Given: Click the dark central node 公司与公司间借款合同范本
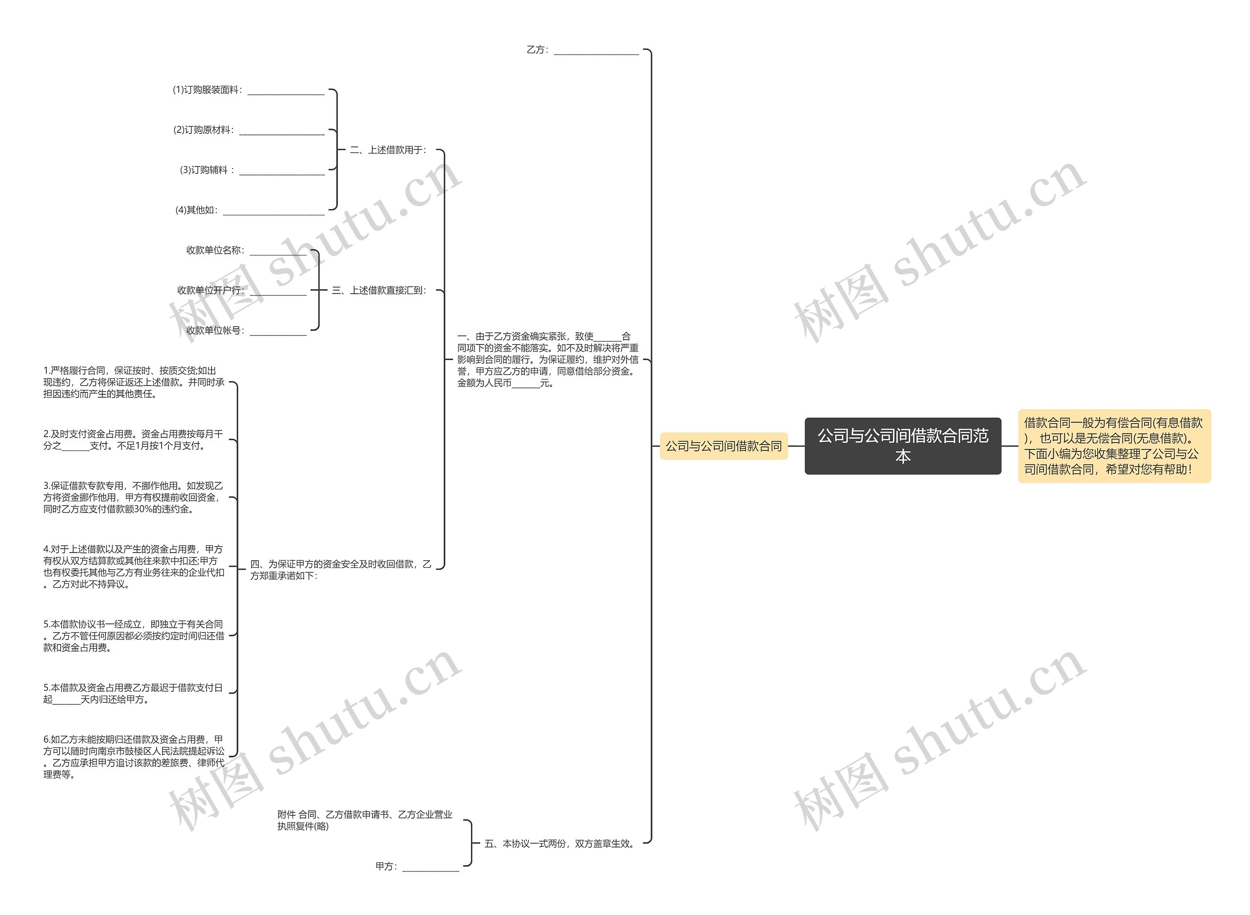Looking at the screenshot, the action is click(902, 446).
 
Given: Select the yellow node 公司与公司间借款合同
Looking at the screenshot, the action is click(723, 446).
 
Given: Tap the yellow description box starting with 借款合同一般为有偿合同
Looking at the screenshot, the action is click(1114, 446).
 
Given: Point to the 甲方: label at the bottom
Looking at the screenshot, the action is click(417, 866).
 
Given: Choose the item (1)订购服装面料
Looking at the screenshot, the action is click(248, 90).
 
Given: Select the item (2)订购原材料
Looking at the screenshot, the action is click(249, 130).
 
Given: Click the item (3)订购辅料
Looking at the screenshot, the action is click(251, 170).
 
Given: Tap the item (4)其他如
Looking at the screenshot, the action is click(249, 211).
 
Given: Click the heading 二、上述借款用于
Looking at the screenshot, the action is click(388, 150).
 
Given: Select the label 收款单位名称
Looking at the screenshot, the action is click(246, 250).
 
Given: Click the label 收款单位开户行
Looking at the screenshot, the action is click(241, 290).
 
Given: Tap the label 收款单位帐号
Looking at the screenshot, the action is click(246, 331).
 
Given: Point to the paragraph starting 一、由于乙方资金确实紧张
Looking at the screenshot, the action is click(547, 360).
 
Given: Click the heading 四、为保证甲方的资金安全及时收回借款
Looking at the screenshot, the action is click(340, 570).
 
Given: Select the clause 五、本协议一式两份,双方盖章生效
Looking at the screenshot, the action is click(559, 844).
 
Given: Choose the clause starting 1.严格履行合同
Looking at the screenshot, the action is click(134, 382).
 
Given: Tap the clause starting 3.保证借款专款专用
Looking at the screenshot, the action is click(133, 497).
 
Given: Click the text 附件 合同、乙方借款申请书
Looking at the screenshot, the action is click(364, 820).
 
